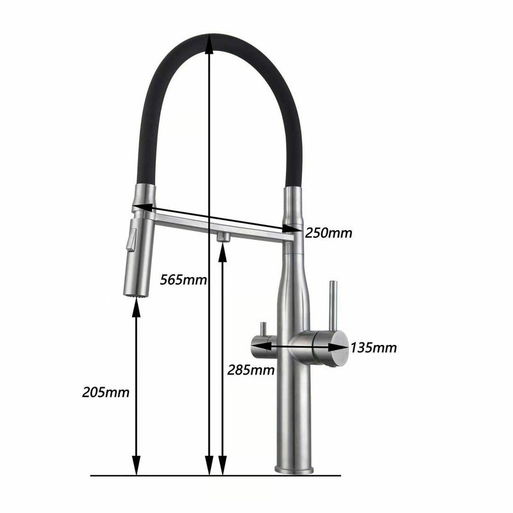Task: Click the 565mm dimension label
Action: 183,280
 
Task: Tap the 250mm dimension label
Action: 328,233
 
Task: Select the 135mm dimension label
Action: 373,348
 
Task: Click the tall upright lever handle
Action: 333,304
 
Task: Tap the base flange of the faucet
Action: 294,469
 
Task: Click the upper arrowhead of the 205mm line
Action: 136,306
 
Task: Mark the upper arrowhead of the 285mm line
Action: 223,250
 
